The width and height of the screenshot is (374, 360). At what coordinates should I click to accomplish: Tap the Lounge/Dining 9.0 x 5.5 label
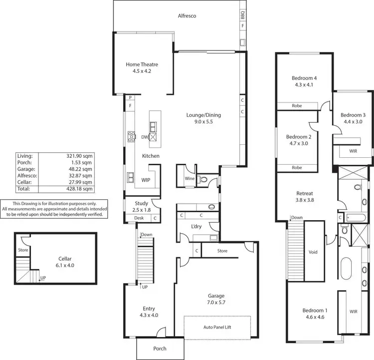[x=203, y=118]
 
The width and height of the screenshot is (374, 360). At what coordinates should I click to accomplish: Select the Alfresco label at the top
[x=187, y=16]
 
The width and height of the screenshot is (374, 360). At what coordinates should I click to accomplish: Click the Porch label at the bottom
[x=160, y=349]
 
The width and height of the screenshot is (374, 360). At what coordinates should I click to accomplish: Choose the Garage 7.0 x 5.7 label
[x=215, y=300]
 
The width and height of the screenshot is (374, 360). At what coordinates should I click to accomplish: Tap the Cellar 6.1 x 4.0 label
[x=65, y=262]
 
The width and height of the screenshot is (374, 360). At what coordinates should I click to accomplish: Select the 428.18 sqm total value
[x=81, y=189]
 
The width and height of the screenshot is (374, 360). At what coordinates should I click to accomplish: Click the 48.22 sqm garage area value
[x=81, y=169]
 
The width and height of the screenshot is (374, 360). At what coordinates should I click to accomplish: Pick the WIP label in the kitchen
[x=146, y=180]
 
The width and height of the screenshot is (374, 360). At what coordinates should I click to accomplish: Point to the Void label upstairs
[x=313, y=252]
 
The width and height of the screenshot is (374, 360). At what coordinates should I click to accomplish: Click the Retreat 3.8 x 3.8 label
[x=305, y=196]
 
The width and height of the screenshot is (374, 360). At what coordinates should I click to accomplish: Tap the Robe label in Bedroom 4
[x=297, y=105]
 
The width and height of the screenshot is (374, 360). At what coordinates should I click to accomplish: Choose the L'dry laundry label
[x=195, y=226]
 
